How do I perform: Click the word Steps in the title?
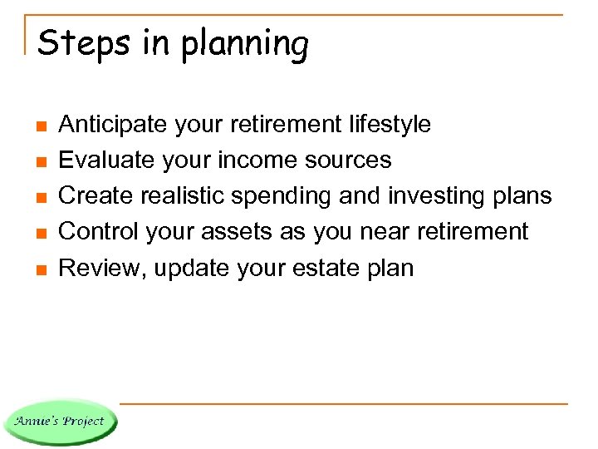tap(83, 43)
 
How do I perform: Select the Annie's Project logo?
tap(61, 421)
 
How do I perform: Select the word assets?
tap(242, 232)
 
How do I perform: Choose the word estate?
tap(321, 268)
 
